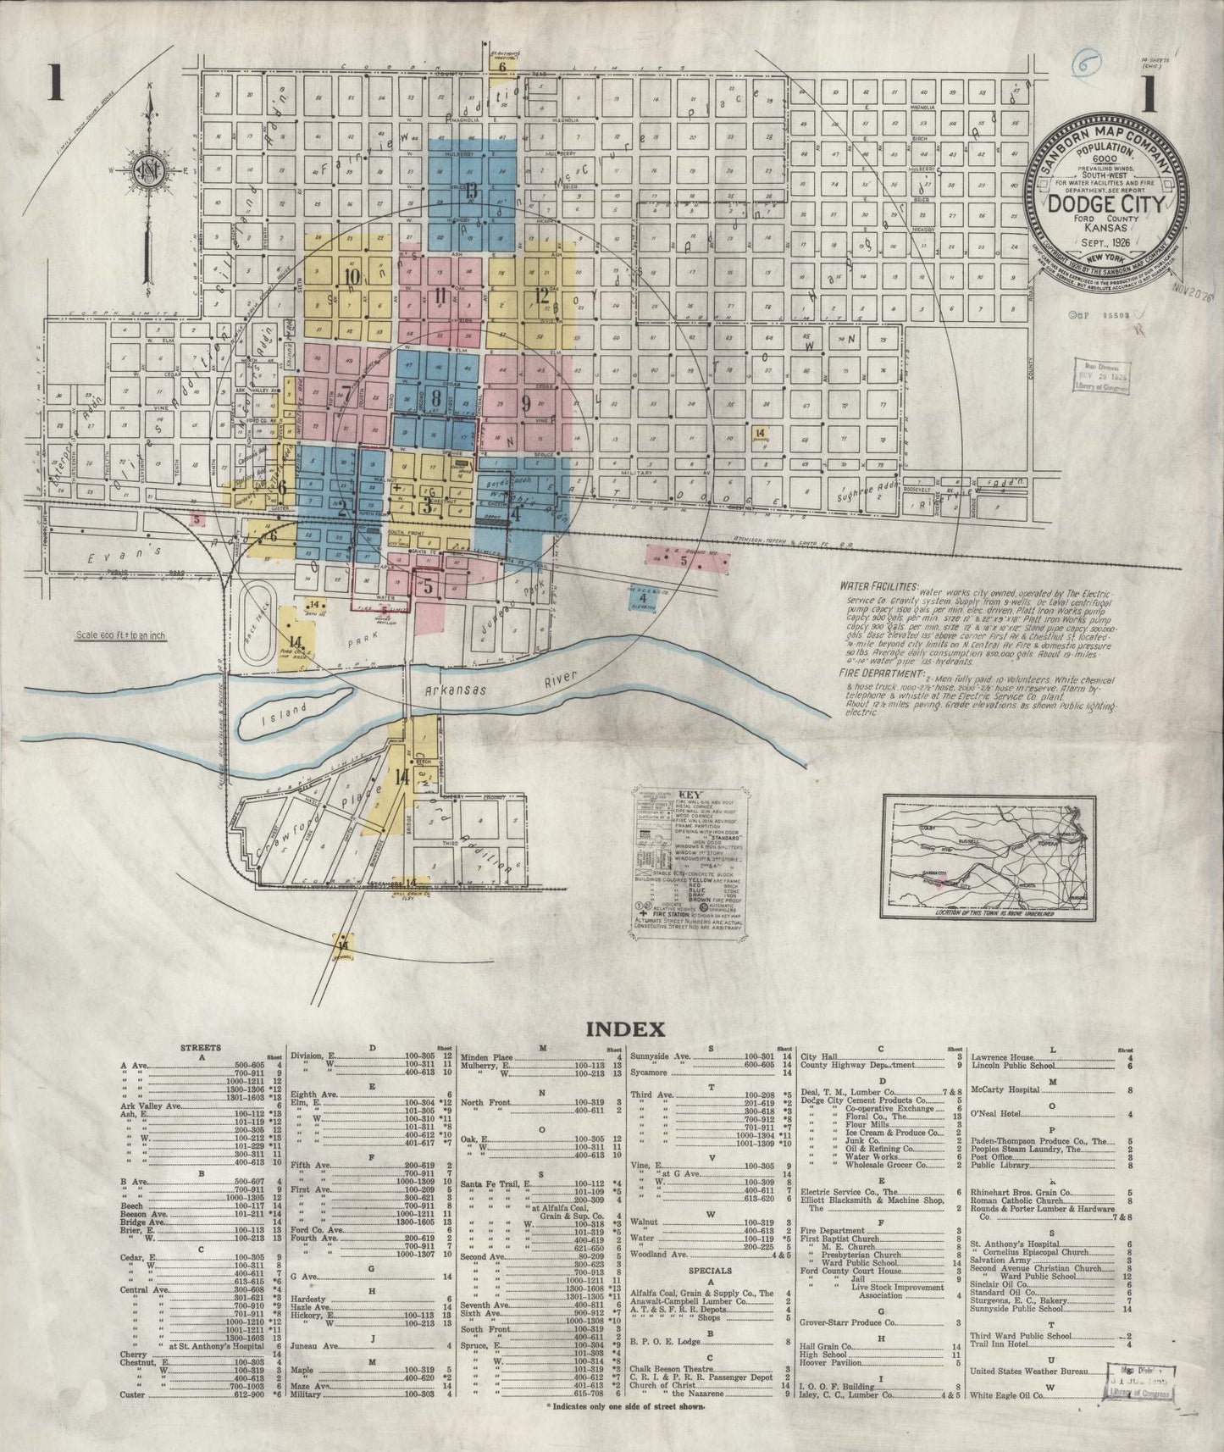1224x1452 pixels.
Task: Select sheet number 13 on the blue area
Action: (470, 189)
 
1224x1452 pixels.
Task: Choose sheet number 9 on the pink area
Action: (526, 402)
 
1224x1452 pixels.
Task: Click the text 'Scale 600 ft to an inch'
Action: (115, 635)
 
